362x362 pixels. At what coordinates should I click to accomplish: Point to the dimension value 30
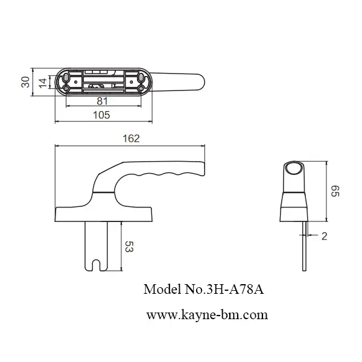[26, 82]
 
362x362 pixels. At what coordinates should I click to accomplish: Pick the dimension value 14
[43, 83]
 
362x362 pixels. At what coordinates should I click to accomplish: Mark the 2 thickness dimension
[324, 237]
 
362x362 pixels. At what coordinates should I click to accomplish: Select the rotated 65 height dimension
[335, 192]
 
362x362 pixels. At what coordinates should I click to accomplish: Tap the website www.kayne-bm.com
[207, 314]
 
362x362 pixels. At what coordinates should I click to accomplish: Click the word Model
[161, 289]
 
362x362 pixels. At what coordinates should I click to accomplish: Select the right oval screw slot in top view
[141, 77]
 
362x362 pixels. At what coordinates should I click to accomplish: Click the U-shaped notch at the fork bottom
[97, 264]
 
